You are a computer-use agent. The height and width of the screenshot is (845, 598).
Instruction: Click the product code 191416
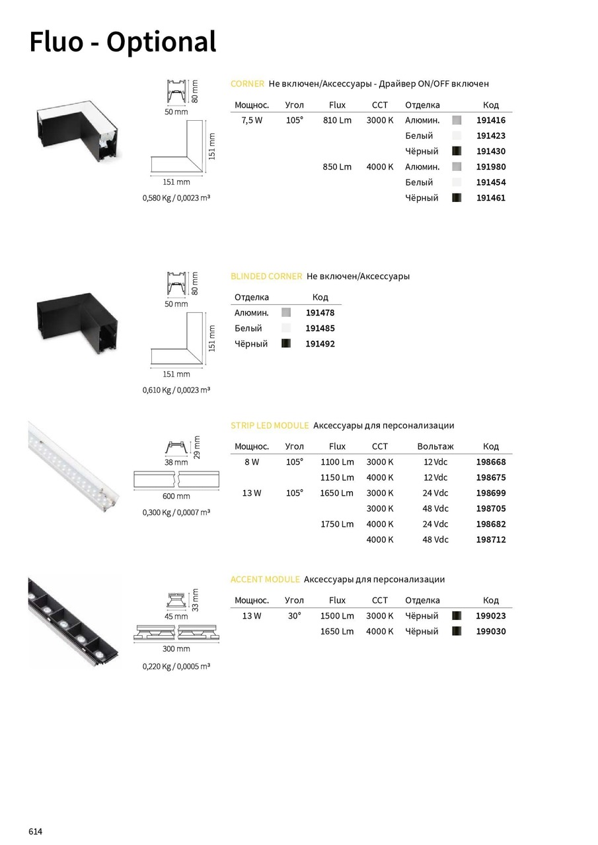coord(490,121)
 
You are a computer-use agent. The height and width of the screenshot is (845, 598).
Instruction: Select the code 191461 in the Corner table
coord(490,198)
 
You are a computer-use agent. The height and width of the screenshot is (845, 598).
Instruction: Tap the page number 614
coord(36,831)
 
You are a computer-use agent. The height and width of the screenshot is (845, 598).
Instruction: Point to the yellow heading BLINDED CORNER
coord(266,277)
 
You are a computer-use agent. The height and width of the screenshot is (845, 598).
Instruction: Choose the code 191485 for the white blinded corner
coord(320,328)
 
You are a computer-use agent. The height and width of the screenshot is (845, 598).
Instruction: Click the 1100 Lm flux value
coord(337,462)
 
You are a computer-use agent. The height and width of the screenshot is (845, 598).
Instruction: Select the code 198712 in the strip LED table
coord(490,540)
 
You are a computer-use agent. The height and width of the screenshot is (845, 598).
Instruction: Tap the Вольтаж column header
coord(435,447)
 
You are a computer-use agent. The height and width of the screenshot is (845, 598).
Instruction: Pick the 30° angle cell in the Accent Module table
coord(294,616)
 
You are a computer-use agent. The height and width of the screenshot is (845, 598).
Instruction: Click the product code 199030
coord(490,632)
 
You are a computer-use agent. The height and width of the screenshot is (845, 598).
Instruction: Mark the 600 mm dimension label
coord(176,496)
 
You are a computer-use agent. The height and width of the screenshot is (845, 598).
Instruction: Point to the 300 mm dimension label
coord(176,650)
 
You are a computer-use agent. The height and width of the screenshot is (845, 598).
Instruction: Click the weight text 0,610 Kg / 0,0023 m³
coord(176,390)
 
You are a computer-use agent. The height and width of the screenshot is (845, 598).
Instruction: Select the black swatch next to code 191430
coord(457,151)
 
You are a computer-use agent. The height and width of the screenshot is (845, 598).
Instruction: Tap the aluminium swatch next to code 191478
coord(286,313)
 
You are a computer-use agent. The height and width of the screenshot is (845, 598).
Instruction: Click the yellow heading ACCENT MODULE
coord(265,580)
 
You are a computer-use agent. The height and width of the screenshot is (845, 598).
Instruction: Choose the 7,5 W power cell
coord(252,121)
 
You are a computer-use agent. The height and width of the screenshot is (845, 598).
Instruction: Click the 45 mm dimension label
coord(176,617)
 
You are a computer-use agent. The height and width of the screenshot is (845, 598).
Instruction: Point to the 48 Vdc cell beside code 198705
coord(435,509)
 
